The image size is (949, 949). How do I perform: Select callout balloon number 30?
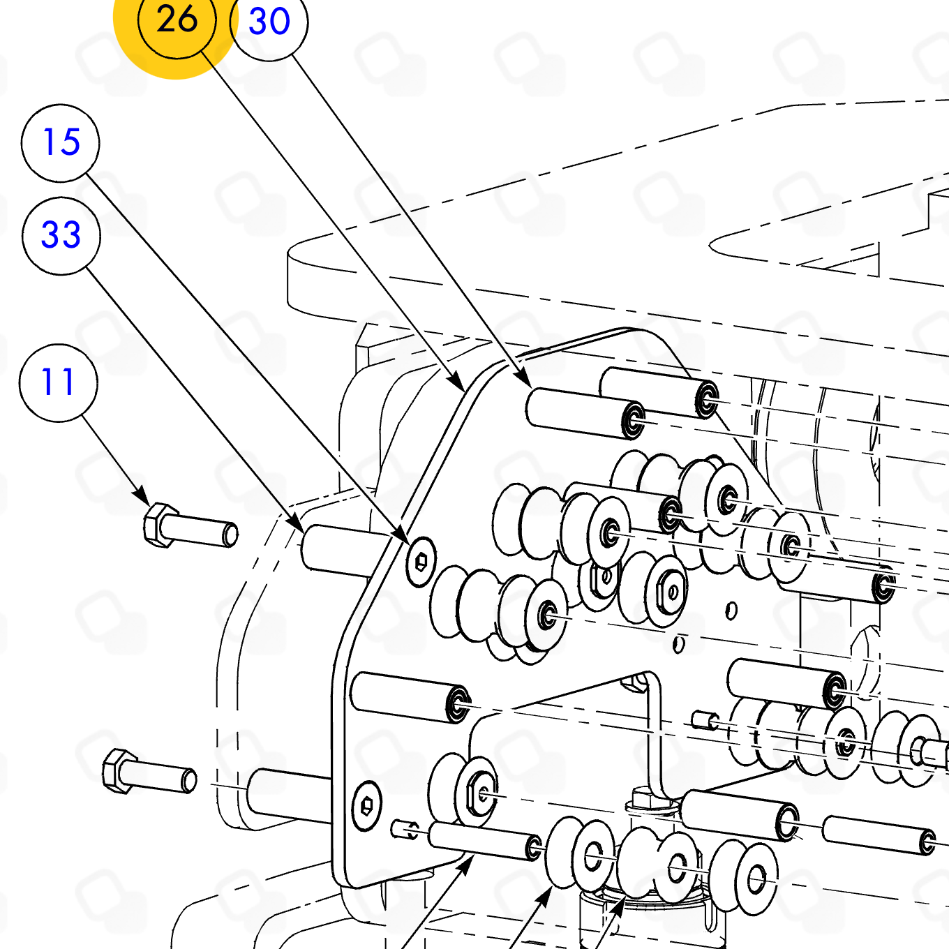click(x=269, y=22)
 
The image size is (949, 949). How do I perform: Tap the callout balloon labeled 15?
click(x=61, y=143)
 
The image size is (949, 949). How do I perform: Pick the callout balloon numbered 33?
click(x=61, y=236)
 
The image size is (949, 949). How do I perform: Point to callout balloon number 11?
click(x=59, y=382)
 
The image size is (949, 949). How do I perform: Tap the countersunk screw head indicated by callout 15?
click(x=421, y=561)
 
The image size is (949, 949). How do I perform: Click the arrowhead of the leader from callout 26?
click(x=458, y=385)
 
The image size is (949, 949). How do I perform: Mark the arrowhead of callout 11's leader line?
click(x=144, y=498)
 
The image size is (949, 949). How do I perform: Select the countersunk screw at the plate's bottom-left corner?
click(x=366, y=805)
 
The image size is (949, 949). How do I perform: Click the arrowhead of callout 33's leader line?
click(x=298, y=525)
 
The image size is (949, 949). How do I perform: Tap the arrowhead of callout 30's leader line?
click(x=525, y=380)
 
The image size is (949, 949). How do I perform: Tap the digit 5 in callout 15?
click(x=70, y=143)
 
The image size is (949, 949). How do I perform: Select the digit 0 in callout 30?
click(x=279, y=22)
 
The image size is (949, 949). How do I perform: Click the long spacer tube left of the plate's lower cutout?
click(x=409, y=696)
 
